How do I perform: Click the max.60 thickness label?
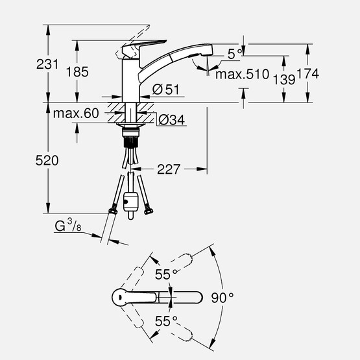75,114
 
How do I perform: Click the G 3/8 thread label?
66,226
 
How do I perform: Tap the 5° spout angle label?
235,52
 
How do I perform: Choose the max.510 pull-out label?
241,75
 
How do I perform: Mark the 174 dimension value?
308,75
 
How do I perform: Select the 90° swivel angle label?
222,298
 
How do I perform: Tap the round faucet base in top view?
122,298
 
